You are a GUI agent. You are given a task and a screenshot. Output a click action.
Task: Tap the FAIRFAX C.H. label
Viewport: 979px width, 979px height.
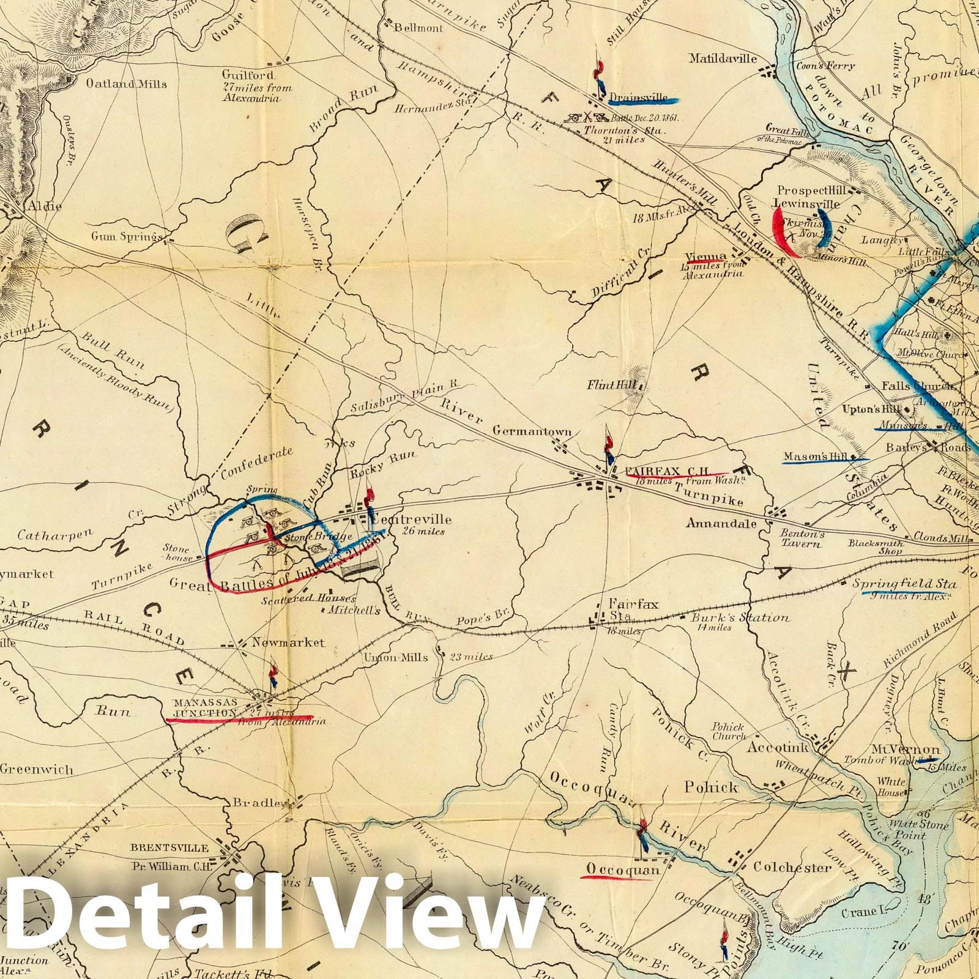[666, 472]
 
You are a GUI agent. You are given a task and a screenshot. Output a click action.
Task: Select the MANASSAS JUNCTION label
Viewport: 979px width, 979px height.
[204, 708]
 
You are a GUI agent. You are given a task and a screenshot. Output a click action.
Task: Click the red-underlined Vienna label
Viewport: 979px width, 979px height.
[705, 257]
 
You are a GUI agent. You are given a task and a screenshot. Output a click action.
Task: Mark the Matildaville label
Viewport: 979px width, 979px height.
[723, 59]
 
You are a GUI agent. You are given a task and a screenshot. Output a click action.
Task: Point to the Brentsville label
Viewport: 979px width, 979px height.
[169, 849]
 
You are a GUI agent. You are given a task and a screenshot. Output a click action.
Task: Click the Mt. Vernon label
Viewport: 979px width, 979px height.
[906, 750]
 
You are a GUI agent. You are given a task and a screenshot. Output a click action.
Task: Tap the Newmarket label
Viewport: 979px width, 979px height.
[282, 643]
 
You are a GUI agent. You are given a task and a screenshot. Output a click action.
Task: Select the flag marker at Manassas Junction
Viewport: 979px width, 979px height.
[274, 676]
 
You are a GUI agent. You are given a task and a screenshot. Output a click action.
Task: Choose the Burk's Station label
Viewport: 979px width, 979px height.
[739, 617]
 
